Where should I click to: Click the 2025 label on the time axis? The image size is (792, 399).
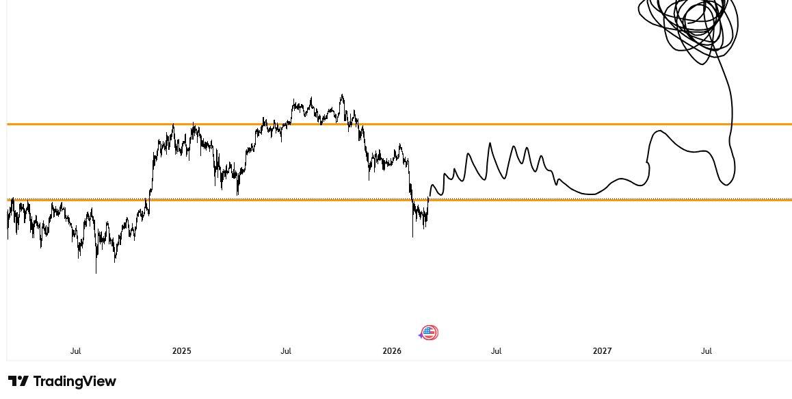coord(182,351)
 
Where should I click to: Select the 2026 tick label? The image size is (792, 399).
coord(392,351)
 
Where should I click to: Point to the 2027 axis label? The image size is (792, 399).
coord(602,351)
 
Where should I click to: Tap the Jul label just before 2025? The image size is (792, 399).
coord(75,351)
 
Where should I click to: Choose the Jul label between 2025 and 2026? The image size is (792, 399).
coord(286,351)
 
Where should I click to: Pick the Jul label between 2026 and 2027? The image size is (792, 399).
coord(496,351)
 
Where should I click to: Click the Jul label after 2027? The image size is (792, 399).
coord(707,351)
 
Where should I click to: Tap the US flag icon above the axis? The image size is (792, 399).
coord(430,333)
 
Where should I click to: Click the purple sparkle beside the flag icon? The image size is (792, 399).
coord(421,335)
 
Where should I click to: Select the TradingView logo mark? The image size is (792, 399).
coord(18,381)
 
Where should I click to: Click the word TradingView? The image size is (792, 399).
coord(75,381)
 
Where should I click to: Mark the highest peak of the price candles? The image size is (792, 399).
coord(342,95)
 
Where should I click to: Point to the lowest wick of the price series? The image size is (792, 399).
coord(96,272)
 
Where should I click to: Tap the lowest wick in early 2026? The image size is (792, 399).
coord(413,236)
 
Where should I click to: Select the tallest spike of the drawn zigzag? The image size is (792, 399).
coord(490,143)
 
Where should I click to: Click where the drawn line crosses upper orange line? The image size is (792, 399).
coord(732,124)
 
